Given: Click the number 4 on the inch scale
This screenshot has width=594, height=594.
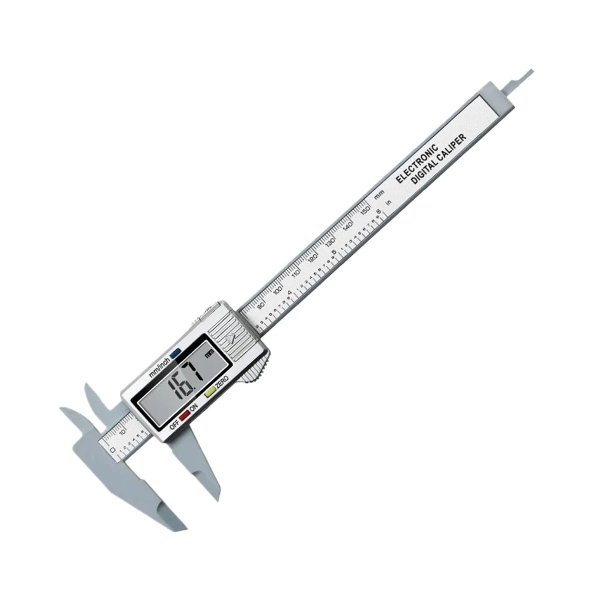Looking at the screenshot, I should pos(289,293).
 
